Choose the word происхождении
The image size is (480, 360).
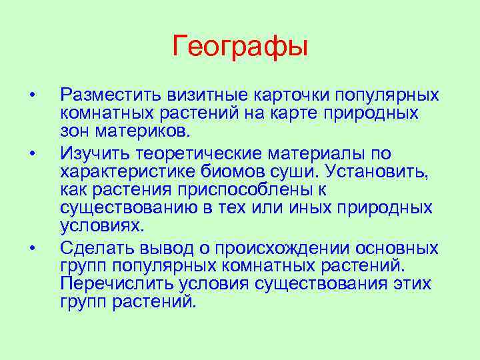point(266,249)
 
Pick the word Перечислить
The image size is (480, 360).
point(117,284)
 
